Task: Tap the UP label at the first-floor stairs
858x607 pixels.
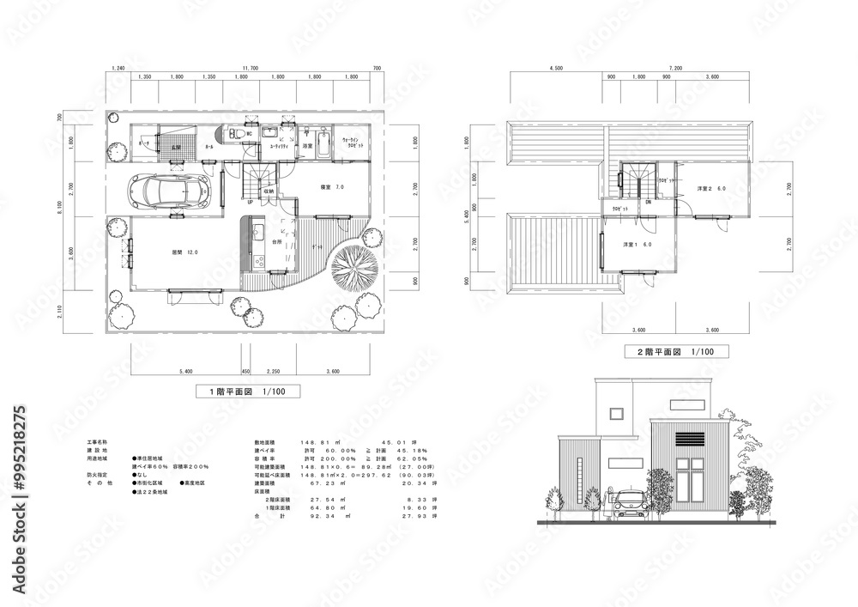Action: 250,203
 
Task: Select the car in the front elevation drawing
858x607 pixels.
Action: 628,504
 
